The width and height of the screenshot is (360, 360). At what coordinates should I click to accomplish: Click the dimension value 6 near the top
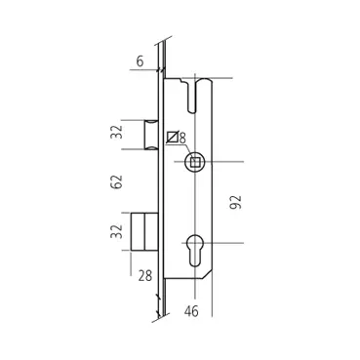[x=140, y=61]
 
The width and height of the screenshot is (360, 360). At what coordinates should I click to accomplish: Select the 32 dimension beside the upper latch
[x=117, y=132]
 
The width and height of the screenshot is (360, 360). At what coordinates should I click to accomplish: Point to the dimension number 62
[x=116, y=181]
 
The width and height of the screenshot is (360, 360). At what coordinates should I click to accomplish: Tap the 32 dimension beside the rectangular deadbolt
[x=116, y=231]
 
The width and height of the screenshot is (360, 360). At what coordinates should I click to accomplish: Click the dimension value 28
[x=145, y=276]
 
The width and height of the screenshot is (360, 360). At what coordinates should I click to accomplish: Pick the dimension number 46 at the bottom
[x=191, y=311]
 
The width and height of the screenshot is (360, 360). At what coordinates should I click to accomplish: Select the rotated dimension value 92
[x=236, y=202]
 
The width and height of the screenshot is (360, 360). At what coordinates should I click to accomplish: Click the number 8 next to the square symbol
[x=182, y=138]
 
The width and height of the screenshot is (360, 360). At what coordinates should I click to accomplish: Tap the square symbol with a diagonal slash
[x=172, y=137]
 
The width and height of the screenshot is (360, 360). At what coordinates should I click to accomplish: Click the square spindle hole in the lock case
[x=195, y=162]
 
